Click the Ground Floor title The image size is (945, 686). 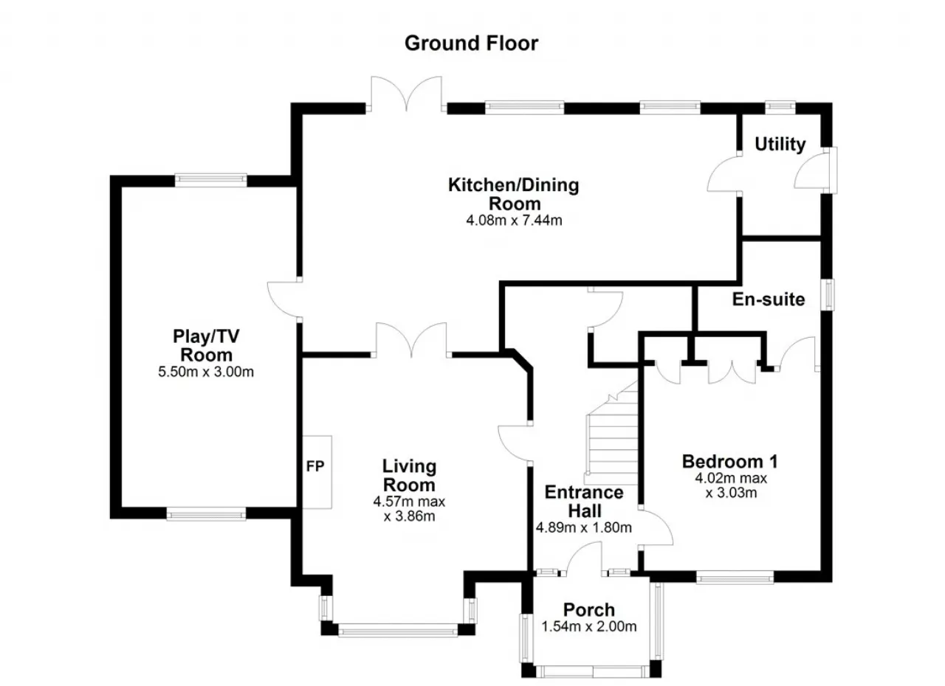click(x=471, y=44)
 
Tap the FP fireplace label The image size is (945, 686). click(x=315, y=467)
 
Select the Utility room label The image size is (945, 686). click(x=780, y=145)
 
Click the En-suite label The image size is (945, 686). click(x=768, y=299)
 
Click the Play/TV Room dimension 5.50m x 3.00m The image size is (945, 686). click(x=206, y=372)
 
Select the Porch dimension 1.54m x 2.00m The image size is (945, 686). click(x=589, y=627)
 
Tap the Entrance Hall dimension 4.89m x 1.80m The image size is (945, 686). click(x=583, y=527)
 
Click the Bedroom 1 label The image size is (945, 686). click(x=729, y=462)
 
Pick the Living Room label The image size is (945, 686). click(x=409, y=476)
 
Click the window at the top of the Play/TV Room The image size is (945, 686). click(x=210, y=179)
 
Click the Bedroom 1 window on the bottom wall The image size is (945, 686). click(x=735, y=578)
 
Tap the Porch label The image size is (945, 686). click(x=588, y=610)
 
